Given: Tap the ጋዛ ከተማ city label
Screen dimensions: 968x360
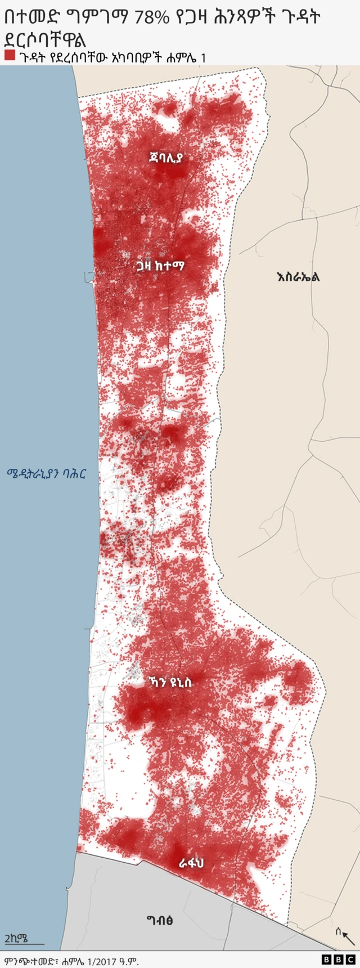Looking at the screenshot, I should [160, 266].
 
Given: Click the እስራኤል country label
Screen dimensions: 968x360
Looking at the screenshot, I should [298, 276].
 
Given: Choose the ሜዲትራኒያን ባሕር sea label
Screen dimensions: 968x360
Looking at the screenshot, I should [47, 473].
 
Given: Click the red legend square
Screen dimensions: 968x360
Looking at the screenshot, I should [9, 55].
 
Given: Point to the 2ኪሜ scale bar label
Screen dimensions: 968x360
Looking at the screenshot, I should [16, 938].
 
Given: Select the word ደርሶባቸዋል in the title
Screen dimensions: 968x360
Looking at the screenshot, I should [45, 39].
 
